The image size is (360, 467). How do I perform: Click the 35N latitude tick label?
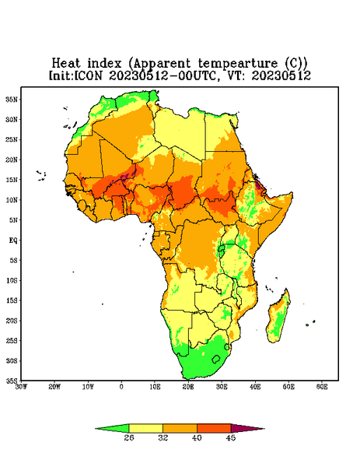pyautogui.click(x=12, y=99)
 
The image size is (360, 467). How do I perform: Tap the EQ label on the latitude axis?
pyautogui.click(x=13, y=240)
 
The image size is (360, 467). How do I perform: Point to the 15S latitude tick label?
pyautogui.click(x=12, y=300)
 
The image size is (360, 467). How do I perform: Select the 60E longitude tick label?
pyautogui.click(x=322, y=387)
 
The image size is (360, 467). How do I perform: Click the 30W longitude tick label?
pyautogui.click(x=21, y=387)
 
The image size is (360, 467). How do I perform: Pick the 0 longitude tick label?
pyautogui.click(x=121, y=387)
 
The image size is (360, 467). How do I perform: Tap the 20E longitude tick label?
pyautogui.click(x=188, y=387)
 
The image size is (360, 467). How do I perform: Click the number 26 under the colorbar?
pyautogui.click(x=129, y=437)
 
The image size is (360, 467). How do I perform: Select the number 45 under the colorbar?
pyautogui.click(x=231, y=437)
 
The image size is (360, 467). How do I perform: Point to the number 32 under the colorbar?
pyautogui.click(x=163, y=437)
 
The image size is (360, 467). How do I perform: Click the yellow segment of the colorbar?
pyautogui.click(x=145, y=428)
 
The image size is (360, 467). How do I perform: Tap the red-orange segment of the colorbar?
pyautogui.click(x=214, y=428)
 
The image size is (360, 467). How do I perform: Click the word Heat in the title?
pyautogui.click(x=66, y=64)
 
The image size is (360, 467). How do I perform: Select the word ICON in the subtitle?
pyautogui.click(x=88, y=75)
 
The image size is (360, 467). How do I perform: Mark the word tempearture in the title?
pyautogui.click(x=238, y=64)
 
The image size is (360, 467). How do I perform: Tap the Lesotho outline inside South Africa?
pyautogui.click(x=216, y=359)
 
